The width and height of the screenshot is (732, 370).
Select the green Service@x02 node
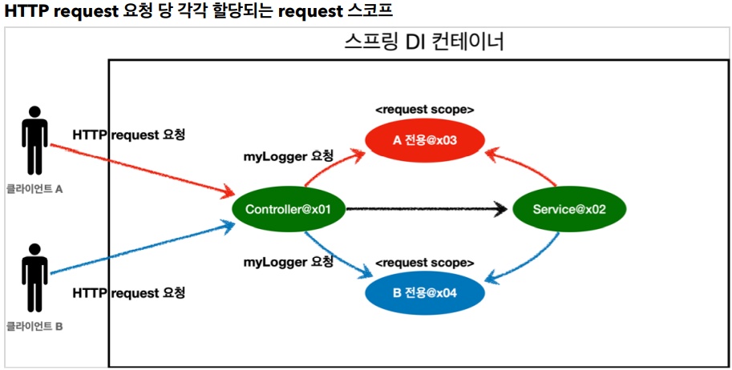tap(568, 210)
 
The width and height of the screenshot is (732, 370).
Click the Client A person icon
tap(34, 140)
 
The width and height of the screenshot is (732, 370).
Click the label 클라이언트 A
tap(34, 191)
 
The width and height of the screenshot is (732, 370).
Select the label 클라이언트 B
tap(34, 326)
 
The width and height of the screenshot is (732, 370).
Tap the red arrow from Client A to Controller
tap(140, 169)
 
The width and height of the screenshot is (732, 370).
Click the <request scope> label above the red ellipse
tap(424, 109)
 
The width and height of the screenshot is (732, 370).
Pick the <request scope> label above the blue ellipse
tap(424, 262)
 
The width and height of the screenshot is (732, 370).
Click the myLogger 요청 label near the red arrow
tap(288, 156)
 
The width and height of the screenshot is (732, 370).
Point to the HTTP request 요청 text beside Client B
tap(129, 293)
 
